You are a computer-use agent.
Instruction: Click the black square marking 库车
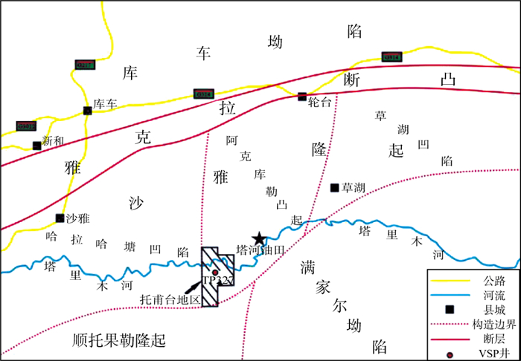point(88,111)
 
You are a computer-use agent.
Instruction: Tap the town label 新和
point(54,141)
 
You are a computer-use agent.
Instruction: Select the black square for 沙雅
point(60,218)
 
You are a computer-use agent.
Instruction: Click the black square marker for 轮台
point(302,96)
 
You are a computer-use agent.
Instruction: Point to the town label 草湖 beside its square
point(354,187)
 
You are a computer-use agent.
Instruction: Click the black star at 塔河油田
point(258,238)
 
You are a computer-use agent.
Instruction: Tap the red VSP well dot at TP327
point(215,273)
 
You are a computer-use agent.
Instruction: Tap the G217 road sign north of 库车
point(84,65)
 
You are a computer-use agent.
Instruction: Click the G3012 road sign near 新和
point(25,126)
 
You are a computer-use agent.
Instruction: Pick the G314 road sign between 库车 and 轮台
point(203,94)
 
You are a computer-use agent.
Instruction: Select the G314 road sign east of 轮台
point(391,56)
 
